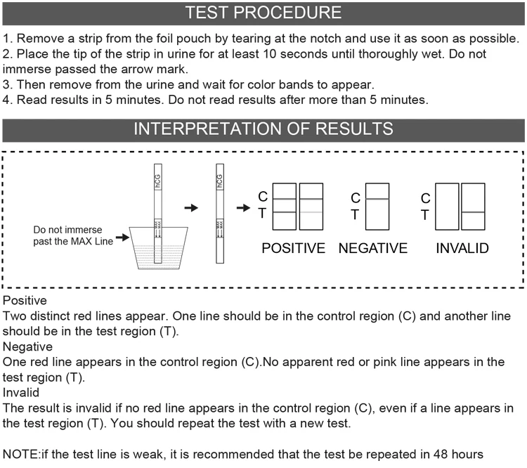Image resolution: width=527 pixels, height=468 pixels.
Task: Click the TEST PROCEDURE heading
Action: point(263,13)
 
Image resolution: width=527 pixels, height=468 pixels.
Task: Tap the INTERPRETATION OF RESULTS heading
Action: point(263,129)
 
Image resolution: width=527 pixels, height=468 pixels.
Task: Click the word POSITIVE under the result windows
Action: point(294,248)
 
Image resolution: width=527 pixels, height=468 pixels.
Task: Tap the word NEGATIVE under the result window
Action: point(372,248)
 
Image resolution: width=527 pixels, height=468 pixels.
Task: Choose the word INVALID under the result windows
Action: point(462,248)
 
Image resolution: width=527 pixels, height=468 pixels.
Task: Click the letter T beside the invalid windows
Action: point(425,215)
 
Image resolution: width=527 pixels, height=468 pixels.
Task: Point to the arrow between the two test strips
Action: point(190,208)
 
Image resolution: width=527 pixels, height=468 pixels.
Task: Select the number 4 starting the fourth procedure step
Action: point(7,100)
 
